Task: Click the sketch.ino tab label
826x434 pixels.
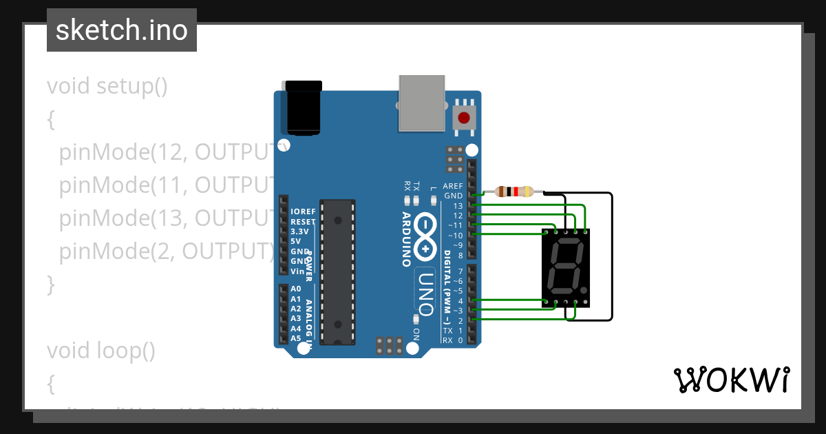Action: pos(122,30)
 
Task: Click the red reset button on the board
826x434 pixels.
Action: pos(464,118)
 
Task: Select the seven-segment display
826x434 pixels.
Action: pos(566,267)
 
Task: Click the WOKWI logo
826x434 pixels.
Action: pos(731,380)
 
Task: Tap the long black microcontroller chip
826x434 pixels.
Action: pos(337,271)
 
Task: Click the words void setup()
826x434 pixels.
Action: pos(107,87)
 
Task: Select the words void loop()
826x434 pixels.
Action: pos(101,351)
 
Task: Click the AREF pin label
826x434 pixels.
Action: pos(452,186)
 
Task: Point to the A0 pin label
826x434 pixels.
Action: pos(295,289)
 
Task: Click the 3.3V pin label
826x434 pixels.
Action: pos(299,231)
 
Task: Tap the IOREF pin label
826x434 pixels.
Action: pos(303,211)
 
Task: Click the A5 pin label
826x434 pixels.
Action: pos(295,338)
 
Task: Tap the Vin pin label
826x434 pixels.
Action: pos(297,271)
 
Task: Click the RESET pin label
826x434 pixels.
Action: pos(303,222)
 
